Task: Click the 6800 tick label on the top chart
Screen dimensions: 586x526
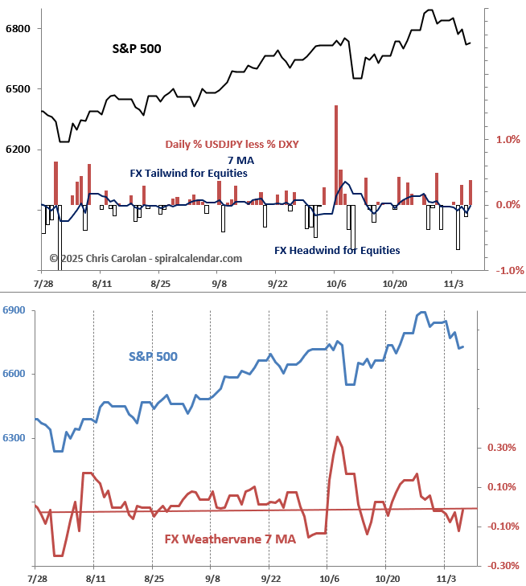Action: tap(18, 29)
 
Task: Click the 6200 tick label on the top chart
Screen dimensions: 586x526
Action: tap(18, 150)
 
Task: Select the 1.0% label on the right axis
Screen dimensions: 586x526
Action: tap(509, 140)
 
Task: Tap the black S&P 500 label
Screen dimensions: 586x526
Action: tap(136, 49)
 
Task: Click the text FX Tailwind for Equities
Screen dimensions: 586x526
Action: tap(188, 174)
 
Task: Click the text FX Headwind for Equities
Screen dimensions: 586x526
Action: tap(337, 251)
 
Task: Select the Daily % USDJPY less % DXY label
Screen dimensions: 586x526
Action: tap(232, 145)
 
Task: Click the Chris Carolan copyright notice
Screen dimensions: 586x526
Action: tap(146, 259)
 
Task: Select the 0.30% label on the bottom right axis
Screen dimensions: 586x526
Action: tap(502, 448)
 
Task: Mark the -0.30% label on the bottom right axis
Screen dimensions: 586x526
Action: tap(500, 566)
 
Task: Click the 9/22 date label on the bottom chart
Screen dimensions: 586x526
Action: tap(271, 579)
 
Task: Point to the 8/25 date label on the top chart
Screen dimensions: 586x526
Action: tap(159, 284)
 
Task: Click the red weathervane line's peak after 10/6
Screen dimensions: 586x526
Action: tap(336, 437)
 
